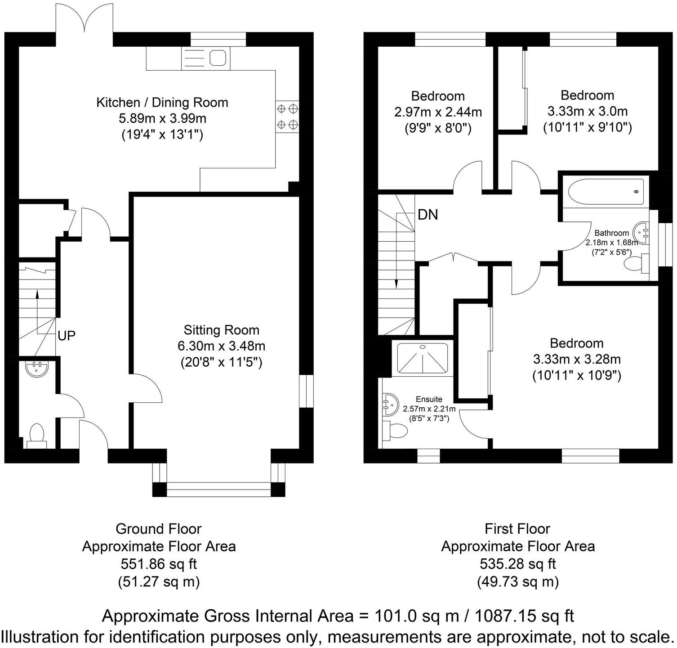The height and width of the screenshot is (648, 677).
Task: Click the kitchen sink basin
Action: (218, 58)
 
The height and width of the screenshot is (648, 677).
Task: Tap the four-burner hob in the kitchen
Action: (287, 116)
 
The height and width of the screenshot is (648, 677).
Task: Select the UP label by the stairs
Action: (67, 336)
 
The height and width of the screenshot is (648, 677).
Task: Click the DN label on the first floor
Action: (428, 215)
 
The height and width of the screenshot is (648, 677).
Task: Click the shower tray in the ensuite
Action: (422, 358)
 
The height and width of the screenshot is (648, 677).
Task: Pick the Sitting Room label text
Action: (221, 330)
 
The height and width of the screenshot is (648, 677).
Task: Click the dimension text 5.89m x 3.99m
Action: (162, 118)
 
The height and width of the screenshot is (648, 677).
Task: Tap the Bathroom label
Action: (611, 233)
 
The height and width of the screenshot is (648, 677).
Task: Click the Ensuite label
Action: (429, 399)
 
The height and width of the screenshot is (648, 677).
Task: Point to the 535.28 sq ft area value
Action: (517, 564)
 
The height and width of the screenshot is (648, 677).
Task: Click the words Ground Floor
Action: (158, 529)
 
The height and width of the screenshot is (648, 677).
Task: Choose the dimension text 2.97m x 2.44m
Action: (438, 112)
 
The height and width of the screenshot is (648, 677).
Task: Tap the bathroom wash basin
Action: (641, 233)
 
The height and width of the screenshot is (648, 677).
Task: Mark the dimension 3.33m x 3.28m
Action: (576, 359)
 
